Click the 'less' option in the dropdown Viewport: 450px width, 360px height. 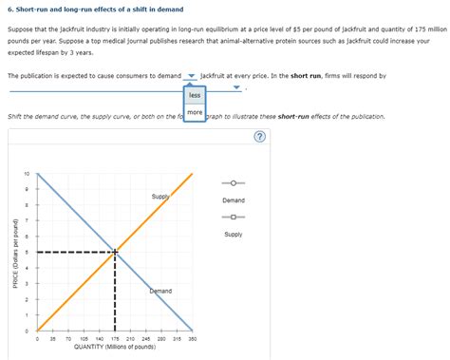(195, 95)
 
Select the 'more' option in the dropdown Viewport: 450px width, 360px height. (195, 113)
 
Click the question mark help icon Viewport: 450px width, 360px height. (259, 135)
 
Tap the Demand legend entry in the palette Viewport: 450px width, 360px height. (234, 183)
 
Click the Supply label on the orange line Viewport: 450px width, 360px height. (160, 197)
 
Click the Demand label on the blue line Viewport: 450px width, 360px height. (160, 290)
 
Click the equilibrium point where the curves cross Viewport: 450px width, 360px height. (116, 252)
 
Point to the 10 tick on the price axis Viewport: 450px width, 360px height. (27, 174)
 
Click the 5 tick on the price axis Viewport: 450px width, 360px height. (28, 252)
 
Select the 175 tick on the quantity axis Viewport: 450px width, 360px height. (116, 339)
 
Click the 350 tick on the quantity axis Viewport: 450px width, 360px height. (193, 339)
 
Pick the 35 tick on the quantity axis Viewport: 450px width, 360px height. (53, 339)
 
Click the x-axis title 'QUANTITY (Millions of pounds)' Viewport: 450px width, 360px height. (115, 348)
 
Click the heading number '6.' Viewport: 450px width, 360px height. (10, 9)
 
